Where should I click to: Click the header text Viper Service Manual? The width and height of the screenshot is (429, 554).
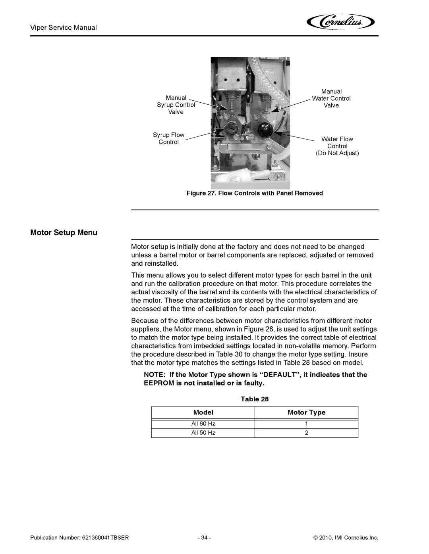(64, 27)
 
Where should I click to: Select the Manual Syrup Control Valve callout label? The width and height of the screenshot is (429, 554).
(176, 105)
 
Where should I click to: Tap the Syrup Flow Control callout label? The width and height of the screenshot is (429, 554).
(169, 138)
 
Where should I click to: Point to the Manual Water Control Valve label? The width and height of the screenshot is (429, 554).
(331, 98)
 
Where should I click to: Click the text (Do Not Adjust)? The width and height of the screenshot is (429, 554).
(337, 153)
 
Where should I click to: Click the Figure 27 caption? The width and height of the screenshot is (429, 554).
(255, 193)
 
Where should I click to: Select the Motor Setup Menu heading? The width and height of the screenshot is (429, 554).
(64, 232)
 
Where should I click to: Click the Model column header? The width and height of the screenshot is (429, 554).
(203, 412)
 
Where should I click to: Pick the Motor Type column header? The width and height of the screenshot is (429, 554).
(306, 412)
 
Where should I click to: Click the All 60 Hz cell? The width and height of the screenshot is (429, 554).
(203, 424)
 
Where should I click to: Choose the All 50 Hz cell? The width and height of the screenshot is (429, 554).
(203, 433)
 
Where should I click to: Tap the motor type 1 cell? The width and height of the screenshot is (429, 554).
(306, 424)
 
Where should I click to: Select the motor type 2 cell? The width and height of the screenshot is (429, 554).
(306, 433)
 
